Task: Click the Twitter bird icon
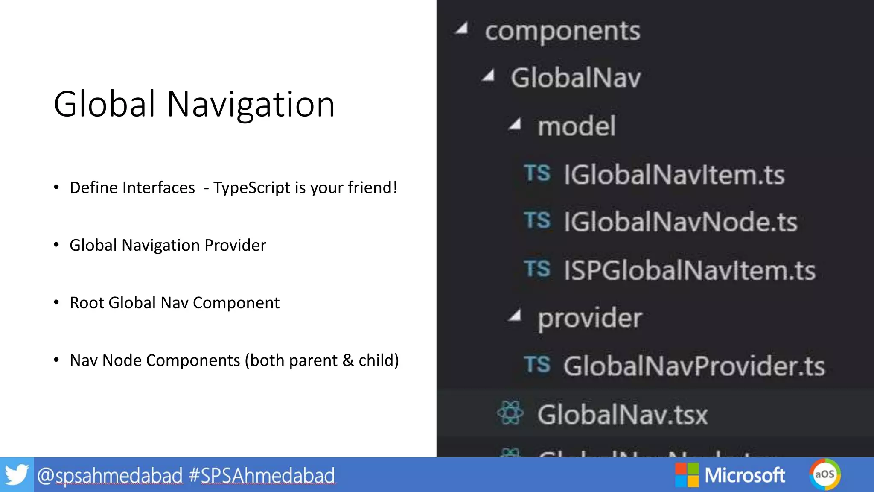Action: [17, 475]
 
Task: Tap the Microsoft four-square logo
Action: [687, 475]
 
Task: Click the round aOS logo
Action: [824, 474]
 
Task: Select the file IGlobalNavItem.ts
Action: [674, 175]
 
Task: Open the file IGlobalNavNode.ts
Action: [680, 222]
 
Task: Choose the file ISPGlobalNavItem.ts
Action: [689, 271]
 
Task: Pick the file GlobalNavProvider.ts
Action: [694, 366]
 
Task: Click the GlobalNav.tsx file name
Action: [622, 415]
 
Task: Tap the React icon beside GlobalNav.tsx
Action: [510, 413]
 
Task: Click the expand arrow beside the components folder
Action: [462, 29]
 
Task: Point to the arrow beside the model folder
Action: [515, 125]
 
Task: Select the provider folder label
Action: [589, 318]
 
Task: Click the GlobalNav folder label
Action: [576, 78]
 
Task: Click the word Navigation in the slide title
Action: [251, 105]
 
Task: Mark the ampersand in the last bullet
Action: [348, 360]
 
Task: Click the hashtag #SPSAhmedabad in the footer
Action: [262, 475]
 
